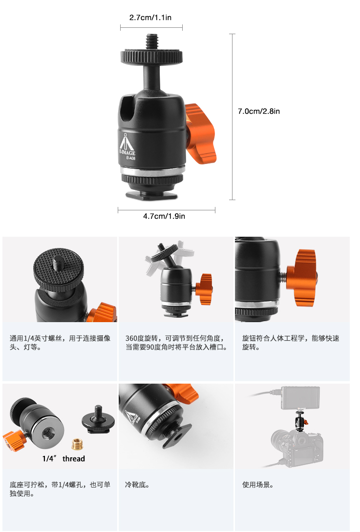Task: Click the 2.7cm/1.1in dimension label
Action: coord(150,18)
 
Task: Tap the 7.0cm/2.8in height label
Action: coord(259,111)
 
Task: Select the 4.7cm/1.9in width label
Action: coord(164,216)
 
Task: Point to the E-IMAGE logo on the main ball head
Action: coord(127,147)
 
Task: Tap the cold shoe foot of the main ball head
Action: coord(152,195)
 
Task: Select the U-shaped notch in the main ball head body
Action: coord(127,108)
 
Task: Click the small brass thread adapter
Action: coord(78,444)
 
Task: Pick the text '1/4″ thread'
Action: coord(64,459)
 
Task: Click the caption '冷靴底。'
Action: coord(137,485)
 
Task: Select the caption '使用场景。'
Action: coord(258,485)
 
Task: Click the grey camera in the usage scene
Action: coord(297,449)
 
